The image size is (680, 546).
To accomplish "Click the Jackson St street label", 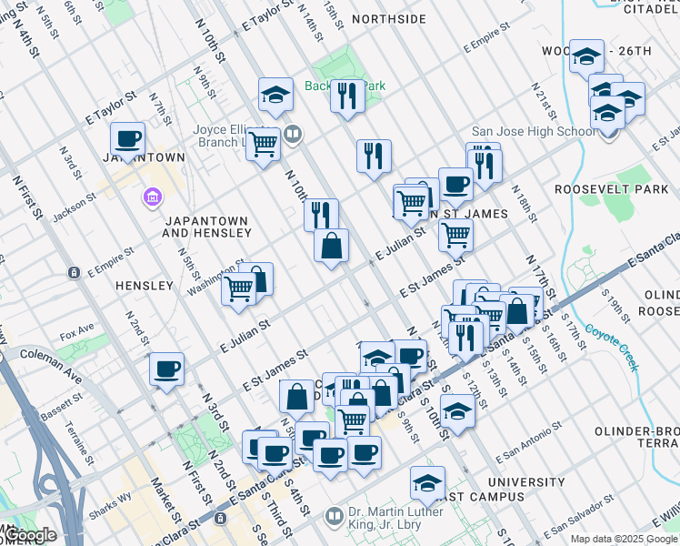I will click(78, 199).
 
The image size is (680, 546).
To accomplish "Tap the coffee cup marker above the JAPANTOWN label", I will click(128, 139).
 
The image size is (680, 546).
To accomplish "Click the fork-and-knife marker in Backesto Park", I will click(346, 94).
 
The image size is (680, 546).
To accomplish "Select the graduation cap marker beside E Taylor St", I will click(275, 94).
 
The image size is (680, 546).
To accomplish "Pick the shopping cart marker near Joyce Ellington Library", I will click(264, 143).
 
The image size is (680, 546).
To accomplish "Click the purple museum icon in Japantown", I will click(152, 197).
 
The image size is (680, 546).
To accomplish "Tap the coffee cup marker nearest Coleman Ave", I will click(166, 369).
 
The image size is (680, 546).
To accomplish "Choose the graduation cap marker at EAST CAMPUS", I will click(427, 483).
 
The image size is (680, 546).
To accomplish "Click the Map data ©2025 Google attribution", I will click(624, 539).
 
